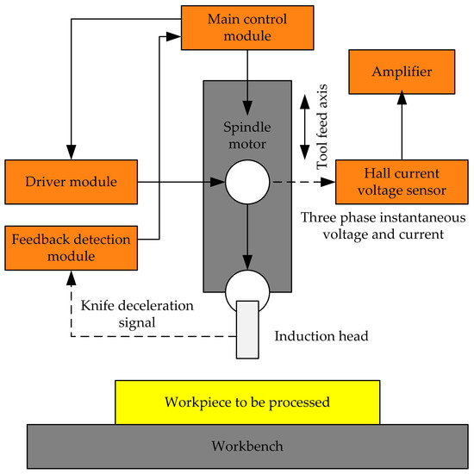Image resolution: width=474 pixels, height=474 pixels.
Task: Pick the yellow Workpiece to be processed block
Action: pyautogui.click(x=246, y=402)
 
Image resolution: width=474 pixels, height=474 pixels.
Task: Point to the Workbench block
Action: pyautogui.click(x=246, y=446)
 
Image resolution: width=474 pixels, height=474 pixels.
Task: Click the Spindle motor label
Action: pyautogui.click(x=248, y=142)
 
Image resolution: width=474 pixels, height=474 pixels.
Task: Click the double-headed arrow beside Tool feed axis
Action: pyautogui.click(x=303, y=128)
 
